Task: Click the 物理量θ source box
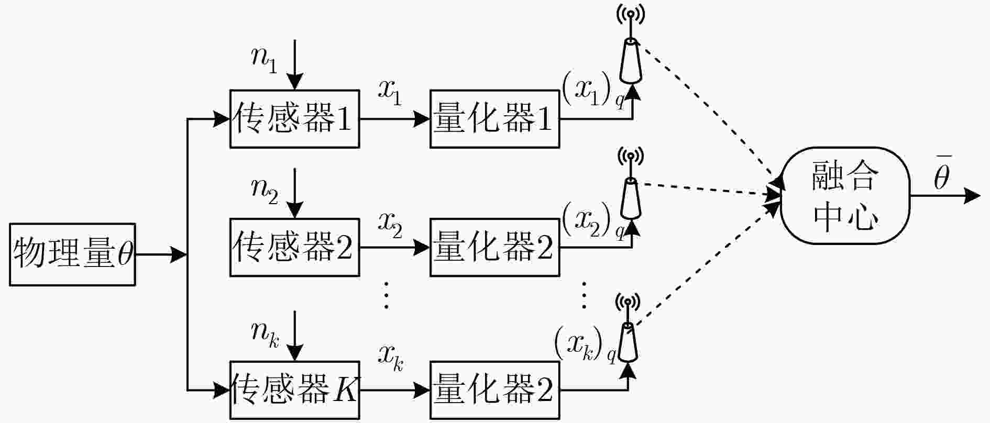coord(72,255)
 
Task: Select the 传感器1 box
coord(294,119)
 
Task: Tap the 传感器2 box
coord(294,247)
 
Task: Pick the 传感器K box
coord(294,390)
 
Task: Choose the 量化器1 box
coord(494,119)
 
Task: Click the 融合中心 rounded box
coord(845,195)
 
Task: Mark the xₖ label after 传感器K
coord(391,359)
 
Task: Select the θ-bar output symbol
coord(942,173)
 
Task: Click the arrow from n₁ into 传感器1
coord(295,65)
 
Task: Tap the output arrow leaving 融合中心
coord(945,196)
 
